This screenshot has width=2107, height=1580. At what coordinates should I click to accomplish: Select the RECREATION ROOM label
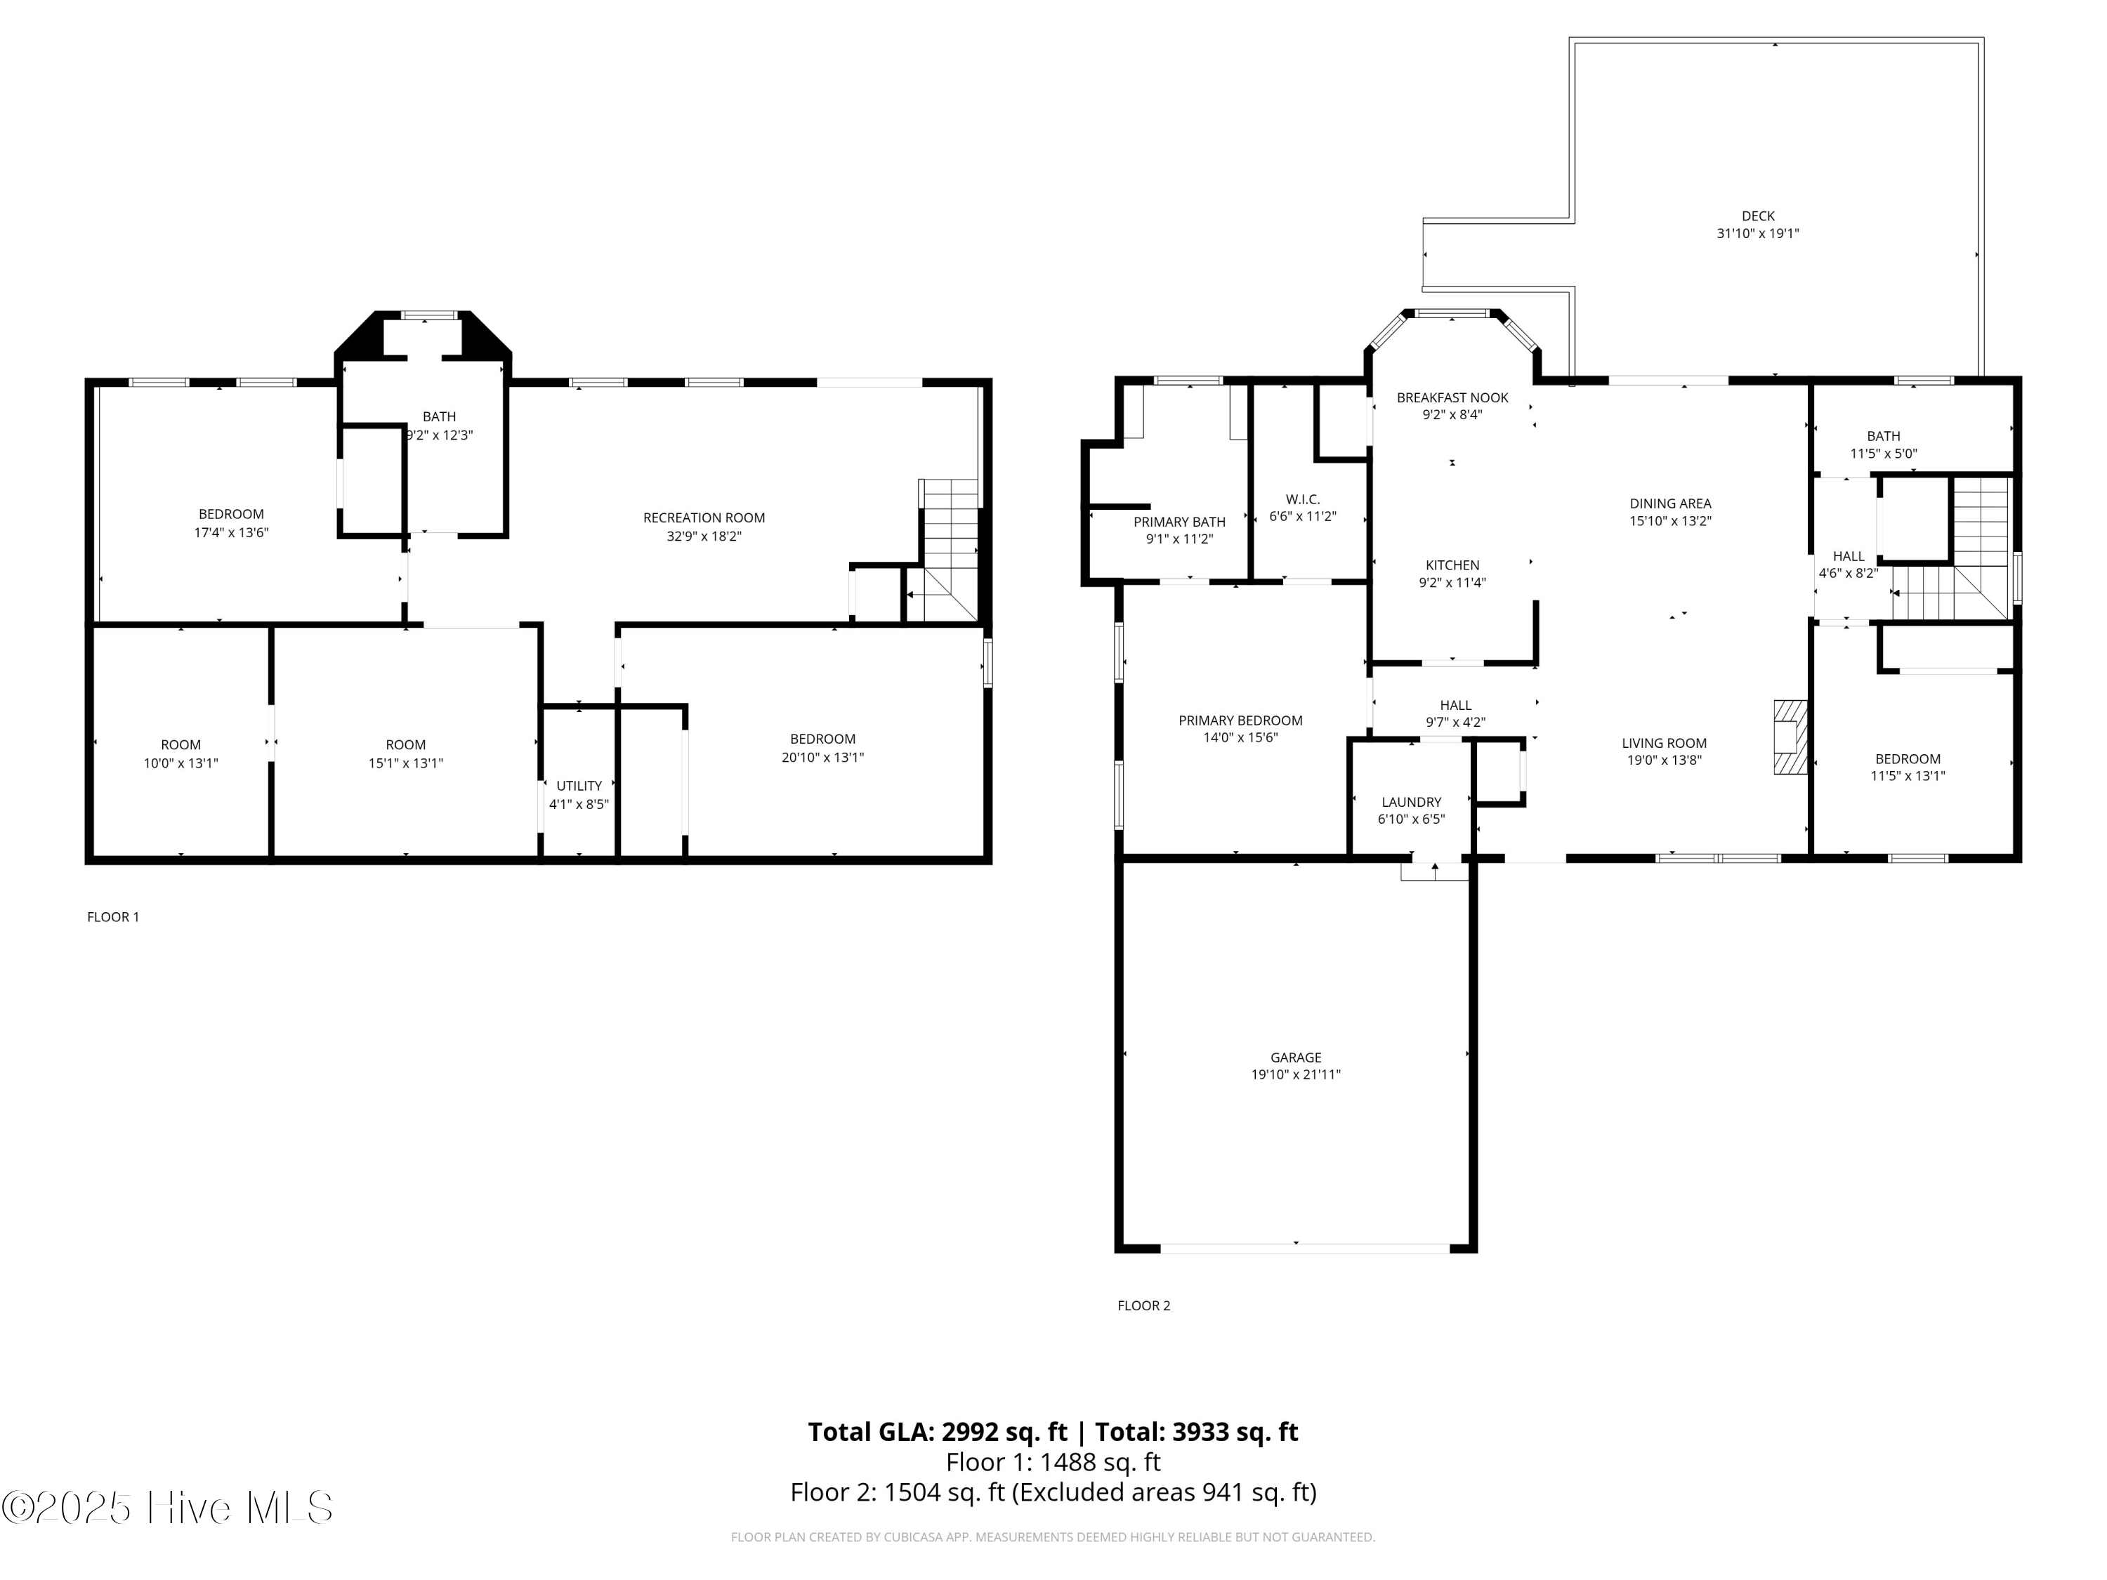[x=704, y=518]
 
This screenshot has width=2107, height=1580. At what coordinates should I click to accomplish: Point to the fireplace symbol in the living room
[x=1790, y=737]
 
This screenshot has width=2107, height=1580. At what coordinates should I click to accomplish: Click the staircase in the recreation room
[x=949, y=551]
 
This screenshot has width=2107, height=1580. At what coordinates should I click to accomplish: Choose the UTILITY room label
[x=579, y=786]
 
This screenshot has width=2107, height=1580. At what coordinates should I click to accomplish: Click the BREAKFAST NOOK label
[x=1452, y=398]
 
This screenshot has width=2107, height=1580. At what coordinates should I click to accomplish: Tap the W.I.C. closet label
[x=1302, y=500]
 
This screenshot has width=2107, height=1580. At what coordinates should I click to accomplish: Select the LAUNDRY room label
[x=1412, y=802]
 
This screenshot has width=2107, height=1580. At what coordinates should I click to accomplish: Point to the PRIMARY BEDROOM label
[x=1240, y=721]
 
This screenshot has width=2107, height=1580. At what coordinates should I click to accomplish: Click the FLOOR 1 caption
[x=113, y=917]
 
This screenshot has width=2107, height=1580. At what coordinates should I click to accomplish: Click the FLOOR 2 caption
[x=1144, y=1305]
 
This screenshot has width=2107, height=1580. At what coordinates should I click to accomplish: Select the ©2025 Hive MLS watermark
[x=168, y=1508]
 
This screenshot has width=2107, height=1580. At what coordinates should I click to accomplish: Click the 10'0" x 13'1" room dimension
[x=181, y=763]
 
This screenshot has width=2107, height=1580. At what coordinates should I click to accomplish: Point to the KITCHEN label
[x=1452, y=566]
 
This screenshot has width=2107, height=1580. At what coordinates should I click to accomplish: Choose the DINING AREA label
[x=1669, y=503]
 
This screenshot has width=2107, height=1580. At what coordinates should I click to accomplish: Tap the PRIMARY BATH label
[x=1179, y=522]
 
